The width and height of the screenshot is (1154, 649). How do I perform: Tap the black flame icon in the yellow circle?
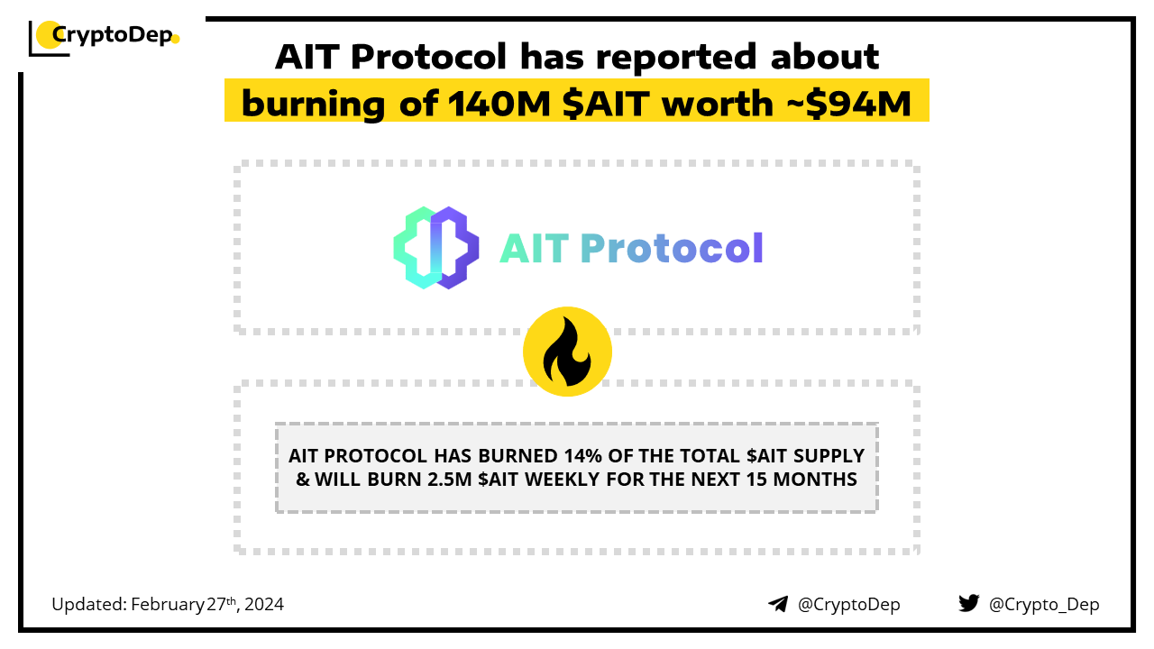567,352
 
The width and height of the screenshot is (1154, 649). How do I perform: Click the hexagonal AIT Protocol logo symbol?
435,248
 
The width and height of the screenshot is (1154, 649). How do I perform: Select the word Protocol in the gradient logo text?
672,248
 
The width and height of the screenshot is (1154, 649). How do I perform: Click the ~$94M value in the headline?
849,104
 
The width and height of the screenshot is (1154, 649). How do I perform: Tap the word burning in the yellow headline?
313,105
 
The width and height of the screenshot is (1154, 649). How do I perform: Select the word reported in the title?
676,57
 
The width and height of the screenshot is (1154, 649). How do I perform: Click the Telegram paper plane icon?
778,604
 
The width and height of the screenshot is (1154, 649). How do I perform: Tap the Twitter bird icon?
968,603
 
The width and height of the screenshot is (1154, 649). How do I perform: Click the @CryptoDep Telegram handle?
848,605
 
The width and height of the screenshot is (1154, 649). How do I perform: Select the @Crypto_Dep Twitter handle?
1044,605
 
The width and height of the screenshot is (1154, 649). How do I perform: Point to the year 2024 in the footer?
264,604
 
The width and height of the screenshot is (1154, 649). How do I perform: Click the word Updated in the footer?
89,605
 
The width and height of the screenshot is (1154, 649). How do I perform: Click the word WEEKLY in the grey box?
562,480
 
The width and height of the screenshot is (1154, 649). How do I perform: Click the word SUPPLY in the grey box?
829,456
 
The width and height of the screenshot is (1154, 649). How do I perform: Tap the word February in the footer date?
168,605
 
